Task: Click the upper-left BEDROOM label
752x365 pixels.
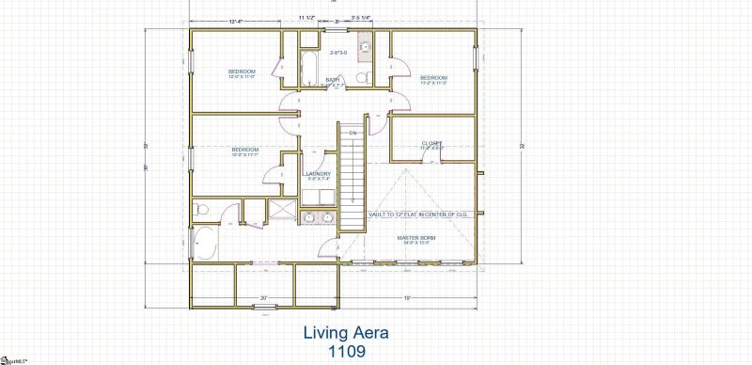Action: pos(242,71)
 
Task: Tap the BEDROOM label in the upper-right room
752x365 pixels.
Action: pos(432,77)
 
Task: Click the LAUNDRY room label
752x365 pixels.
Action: pos(318,174)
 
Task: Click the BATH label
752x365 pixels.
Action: pos(333,80)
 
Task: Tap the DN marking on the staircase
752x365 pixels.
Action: pos(353,134)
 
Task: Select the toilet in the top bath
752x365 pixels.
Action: pos(368,76)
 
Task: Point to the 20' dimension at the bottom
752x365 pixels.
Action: pos(263,298)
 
